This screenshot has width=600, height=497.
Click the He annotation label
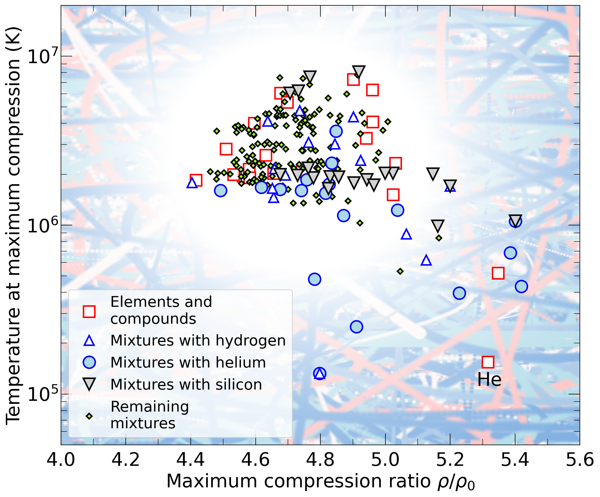[489, 380]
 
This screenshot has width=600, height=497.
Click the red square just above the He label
[488, 362]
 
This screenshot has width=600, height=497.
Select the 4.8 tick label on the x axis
[320, 460]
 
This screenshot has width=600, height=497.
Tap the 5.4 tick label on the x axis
[515, 460]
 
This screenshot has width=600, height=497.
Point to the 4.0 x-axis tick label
[61, 460]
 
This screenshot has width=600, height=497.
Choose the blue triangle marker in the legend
[89, 341]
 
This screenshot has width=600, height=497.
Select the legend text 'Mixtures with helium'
[188, 362]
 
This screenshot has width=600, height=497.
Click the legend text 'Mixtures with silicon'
[186, 384]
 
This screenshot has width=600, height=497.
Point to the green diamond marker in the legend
[89, 416]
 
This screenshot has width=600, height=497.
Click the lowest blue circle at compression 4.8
[320, 373]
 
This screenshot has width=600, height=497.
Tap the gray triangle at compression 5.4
[515, 221]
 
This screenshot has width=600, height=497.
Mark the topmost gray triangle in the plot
[359, 71]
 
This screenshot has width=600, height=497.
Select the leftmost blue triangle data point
[192, 183]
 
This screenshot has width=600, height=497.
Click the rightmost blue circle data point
[521, 286]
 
